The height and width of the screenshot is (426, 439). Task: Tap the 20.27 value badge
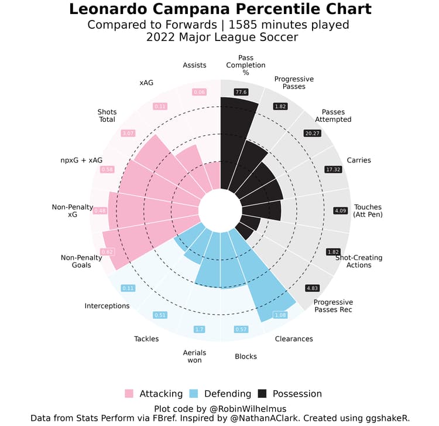click(x=313, y=133)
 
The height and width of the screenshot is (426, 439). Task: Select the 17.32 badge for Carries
click(x=332, y=169)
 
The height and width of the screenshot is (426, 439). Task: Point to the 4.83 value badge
click(x=313, y=288)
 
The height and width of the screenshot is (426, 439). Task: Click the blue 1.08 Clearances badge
click(x=281, y=315)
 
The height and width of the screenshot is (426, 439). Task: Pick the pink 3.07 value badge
click(x=128, y=133)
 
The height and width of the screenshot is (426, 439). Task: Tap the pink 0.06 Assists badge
click(x=200, y=92)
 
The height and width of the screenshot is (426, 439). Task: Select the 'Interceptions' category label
click(x=107, y=306)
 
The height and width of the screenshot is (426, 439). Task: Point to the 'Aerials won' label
click(x=194, y=356)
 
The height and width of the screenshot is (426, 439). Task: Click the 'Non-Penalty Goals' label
click(x=76, y=261)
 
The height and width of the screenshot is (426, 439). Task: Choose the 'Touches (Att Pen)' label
click(x=367, y=211)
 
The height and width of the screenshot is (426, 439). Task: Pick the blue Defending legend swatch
click(x=197, y=394)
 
